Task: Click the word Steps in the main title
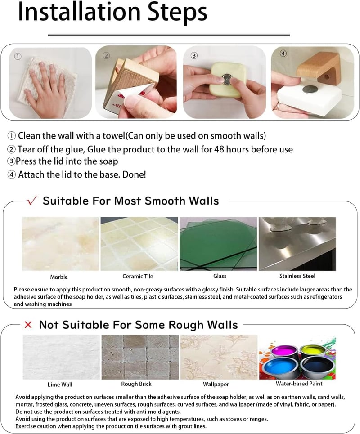point(177,13)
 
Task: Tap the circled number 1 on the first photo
point(18,57)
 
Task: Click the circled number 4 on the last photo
point(283,53)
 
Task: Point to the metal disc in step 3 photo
point(227,79)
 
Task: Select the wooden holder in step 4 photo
point(319,69)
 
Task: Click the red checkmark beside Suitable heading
point(31,200)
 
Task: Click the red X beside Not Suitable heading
point(28,324)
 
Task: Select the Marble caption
point(59,277)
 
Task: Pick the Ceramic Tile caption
point(138,276)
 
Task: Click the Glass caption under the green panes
point(220,276)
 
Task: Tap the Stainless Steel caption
point(297,276)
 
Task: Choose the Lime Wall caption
point(60,385)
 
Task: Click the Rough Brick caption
point(136,384)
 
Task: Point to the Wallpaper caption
point(216,384)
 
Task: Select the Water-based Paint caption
point(299,384)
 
